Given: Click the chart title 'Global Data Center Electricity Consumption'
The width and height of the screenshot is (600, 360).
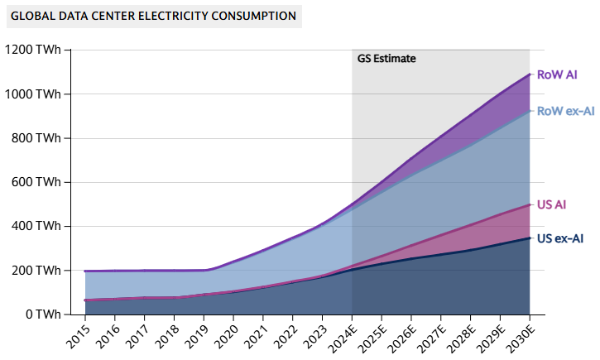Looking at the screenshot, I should (151, 16).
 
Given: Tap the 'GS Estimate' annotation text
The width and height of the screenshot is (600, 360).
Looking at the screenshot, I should (386, 59).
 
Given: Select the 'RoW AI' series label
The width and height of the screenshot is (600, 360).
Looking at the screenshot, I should (557, 74).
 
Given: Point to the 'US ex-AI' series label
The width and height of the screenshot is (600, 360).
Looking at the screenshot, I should (560, 238).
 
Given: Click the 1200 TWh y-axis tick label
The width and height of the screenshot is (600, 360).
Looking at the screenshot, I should (33, 50).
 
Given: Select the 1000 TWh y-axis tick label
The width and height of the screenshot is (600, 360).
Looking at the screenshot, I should (33, 94).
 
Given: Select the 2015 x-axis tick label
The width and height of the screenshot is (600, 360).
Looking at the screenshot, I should (77, 334).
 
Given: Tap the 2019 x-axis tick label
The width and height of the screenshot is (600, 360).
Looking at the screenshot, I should (195, 334).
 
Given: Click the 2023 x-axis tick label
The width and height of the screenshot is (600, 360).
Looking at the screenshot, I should (314, 334).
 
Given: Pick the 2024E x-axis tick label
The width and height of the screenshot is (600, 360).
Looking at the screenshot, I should (341, 336).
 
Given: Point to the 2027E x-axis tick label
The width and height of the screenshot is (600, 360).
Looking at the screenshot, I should (430, 336).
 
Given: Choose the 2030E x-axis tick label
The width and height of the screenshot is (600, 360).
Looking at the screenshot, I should (519, 336).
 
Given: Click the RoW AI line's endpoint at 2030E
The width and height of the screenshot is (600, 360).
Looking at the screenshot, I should (530, 74).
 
